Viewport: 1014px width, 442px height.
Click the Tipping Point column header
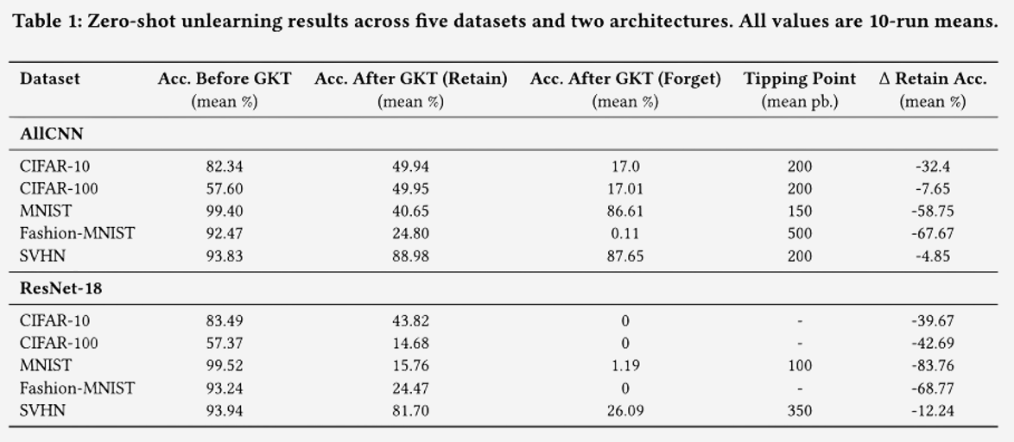[x=799, y=79]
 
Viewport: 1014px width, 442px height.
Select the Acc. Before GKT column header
[x=225, y=79]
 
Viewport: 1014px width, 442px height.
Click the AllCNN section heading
[x=51, y=134]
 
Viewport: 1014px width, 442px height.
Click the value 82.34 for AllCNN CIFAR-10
[x=225, y=167]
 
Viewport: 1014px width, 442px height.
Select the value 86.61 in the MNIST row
[x=624, y=211]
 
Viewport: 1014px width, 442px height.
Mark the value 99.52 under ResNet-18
[x=225, y=366]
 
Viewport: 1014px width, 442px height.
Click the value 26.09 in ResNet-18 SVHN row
[x=624, y=411]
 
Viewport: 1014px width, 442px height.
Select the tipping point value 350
[x=799, y=411]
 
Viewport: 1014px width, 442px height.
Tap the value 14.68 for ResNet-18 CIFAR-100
[x=410, y=344]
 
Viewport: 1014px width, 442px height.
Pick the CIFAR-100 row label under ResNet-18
[x=59, y=344]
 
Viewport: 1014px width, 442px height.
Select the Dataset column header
[x=49, y=79]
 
